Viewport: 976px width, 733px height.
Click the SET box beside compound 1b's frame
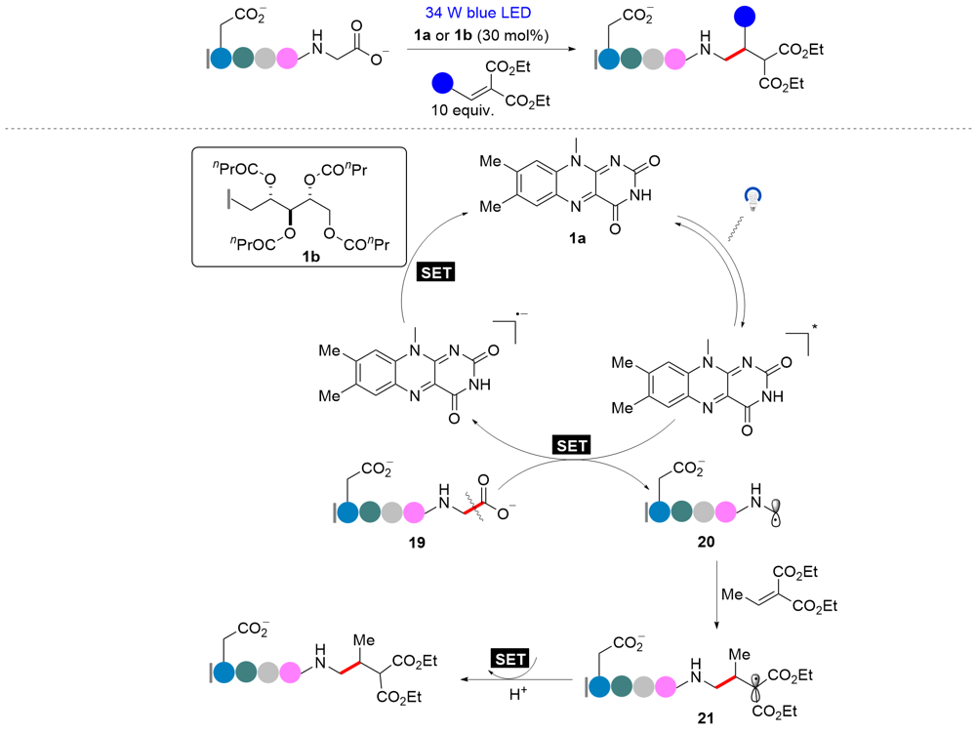(435, 273)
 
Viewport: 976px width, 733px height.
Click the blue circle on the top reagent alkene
(442, 81)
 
